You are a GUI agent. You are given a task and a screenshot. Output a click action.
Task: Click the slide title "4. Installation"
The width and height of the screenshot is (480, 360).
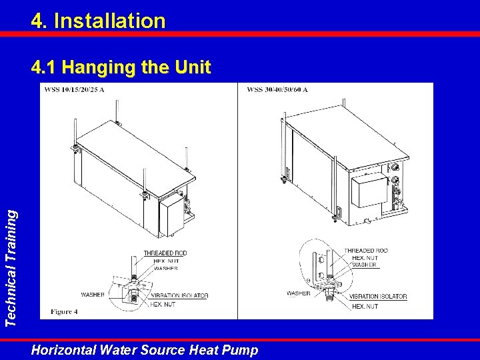98,21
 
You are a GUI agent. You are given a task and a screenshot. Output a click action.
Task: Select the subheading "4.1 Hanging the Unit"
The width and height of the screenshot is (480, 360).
121,67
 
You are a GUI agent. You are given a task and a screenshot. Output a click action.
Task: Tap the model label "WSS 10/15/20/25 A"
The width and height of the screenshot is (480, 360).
75,90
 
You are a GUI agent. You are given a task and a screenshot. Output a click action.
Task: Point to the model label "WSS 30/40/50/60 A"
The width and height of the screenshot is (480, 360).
277,90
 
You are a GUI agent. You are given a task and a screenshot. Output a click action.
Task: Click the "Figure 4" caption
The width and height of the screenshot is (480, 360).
64,311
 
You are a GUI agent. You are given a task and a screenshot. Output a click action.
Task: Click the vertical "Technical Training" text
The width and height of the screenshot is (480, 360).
11,268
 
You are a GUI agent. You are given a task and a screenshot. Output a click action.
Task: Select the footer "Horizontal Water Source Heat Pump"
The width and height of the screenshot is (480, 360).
145,350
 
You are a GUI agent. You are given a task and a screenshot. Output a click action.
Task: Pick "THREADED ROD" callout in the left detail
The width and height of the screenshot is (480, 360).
165,253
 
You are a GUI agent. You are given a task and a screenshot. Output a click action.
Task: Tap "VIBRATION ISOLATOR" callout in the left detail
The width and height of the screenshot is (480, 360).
180,296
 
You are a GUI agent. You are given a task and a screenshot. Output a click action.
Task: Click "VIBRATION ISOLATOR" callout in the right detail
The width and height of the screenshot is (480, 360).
378,296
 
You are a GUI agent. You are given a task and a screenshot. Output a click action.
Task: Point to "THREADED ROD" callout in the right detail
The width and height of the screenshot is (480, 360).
366,251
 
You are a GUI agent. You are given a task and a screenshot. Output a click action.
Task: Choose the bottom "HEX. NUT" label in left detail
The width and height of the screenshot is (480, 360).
163,305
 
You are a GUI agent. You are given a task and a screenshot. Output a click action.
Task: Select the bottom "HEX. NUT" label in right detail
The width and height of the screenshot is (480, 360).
365,307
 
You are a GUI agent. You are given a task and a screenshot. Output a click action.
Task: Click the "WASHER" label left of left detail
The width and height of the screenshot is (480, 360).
93,295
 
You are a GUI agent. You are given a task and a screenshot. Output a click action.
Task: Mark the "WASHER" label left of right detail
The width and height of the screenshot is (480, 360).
299,293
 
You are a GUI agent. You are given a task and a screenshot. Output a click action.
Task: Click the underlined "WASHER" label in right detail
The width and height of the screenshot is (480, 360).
364,265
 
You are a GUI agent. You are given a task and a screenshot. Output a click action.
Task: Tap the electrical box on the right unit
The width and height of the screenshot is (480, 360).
369,190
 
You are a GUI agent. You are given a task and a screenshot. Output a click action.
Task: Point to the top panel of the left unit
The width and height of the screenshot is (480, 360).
136,159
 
